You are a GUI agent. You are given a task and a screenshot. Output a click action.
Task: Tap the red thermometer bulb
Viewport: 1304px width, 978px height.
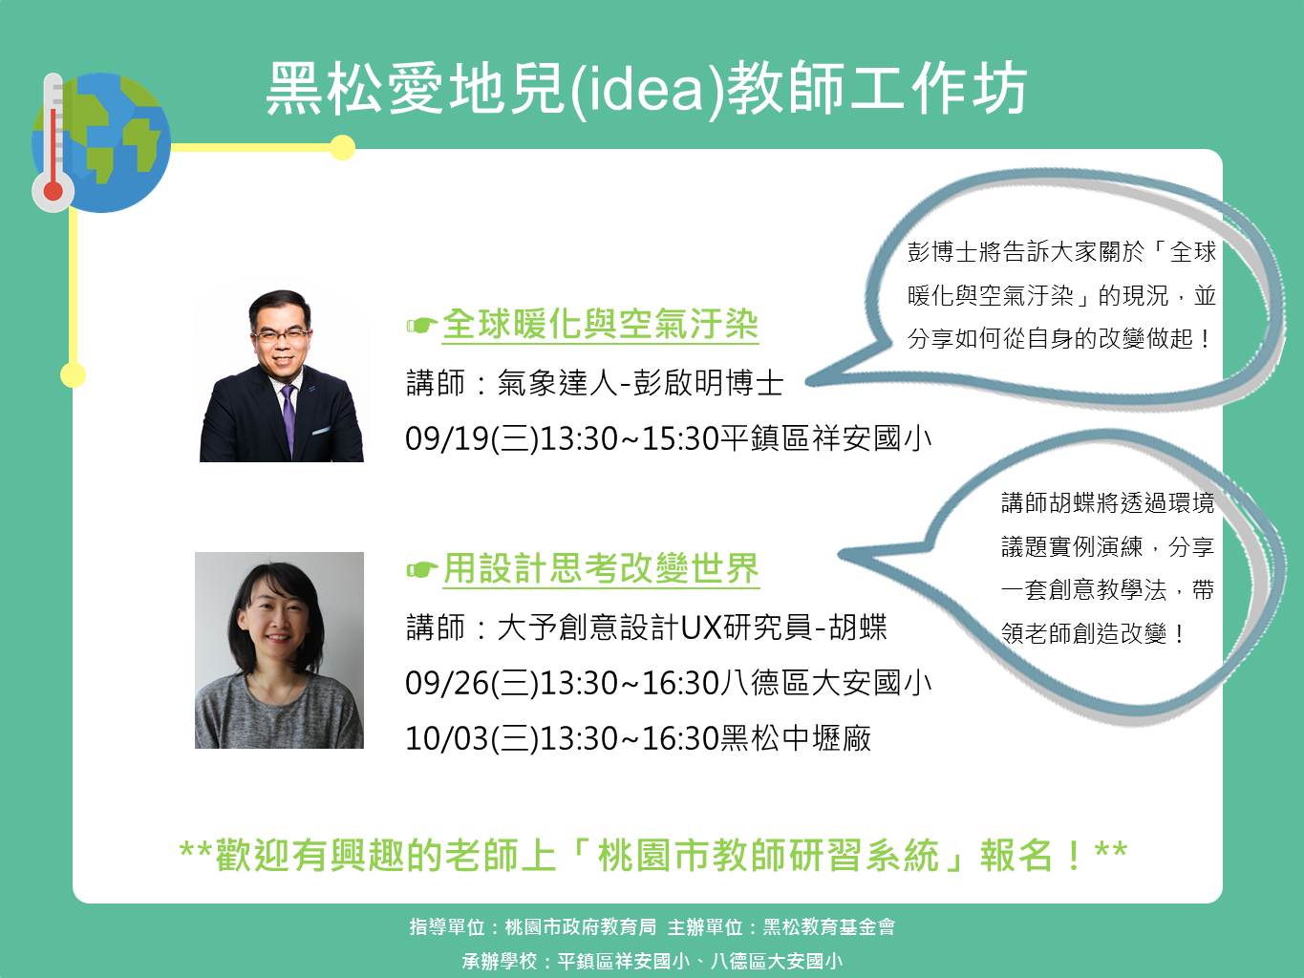click(x=53, y=192)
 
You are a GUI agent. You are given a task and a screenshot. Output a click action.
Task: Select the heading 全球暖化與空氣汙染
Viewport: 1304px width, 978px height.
click(x=600, y=325)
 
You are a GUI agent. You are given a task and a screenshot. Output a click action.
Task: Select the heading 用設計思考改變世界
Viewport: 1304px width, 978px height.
click(x=601, y=569)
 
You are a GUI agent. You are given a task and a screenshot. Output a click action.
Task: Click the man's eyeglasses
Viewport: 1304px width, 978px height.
click(x=281, y=335)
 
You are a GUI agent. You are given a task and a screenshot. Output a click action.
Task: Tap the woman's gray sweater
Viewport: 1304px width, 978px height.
click(x=279, y=712)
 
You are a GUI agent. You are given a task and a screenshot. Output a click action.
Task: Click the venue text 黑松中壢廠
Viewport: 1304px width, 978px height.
click(x=796, y=738)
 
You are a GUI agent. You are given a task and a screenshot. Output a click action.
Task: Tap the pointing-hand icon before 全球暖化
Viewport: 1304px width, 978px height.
click(x=422, y=326)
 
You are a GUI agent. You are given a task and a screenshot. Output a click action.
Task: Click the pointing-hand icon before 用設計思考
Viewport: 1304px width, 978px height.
click(x=422, y=570)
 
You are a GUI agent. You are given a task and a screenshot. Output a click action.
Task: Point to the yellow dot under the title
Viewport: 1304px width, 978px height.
click(x=342, y=147)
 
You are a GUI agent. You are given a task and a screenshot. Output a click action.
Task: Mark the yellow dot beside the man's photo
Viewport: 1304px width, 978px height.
click(x=73, y=374)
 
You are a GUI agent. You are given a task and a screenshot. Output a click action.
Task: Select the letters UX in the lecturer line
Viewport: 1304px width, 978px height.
click(x=700, y=627)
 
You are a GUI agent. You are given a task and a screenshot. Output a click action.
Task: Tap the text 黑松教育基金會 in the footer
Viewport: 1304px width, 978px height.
click(x=829, y=927)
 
